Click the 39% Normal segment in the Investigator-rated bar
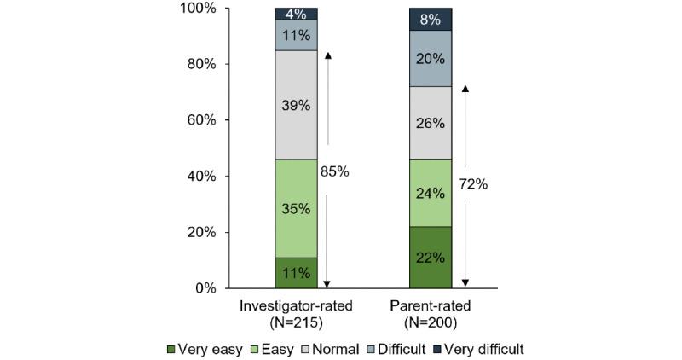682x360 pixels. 296,104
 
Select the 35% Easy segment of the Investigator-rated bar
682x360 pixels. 296,208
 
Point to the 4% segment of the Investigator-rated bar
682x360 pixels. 296,14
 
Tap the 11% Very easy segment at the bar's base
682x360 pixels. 296,273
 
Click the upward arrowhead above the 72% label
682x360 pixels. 465,88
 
